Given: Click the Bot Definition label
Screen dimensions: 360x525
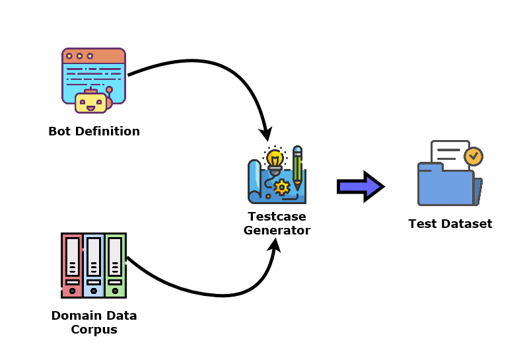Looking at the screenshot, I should pos(94,131).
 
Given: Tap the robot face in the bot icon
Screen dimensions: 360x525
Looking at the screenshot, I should pos(91,102).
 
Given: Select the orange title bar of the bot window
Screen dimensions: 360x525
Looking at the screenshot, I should pos(93,56).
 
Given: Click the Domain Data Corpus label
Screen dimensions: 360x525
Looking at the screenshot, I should pos(94,322).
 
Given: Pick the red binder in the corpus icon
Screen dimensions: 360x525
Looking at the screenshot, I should pos(72,264).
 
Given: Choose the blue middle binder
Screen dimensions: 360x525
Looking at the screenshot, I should pos(94,264).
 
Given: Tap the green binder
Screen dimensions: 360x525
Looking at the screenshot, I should pos(115,264).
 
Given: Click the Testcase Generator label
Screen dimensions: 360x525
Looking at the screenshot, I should pos(277,223).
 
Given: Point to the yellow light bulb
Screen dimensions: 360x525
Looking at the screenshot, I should pos(275,159).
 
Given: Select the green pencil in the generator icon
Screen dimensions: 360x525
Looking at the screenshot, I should pos(297,168).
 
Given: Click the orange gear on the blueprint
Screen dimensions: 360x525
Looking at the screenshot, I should pos(282,187).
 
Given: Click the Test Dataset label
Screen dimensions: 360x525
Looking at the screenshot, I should pos(450,223).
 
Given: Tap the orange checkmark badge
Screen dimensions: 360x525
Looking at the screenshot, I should pos(473,157).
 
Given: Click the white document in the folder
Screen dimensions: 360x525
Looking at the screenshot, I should pos(448,153).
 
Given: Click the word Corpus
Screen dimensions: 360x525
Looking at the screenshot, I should pos(94,329).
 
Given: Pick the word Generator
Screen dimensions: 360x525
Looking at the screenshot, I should pos(277,231).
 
